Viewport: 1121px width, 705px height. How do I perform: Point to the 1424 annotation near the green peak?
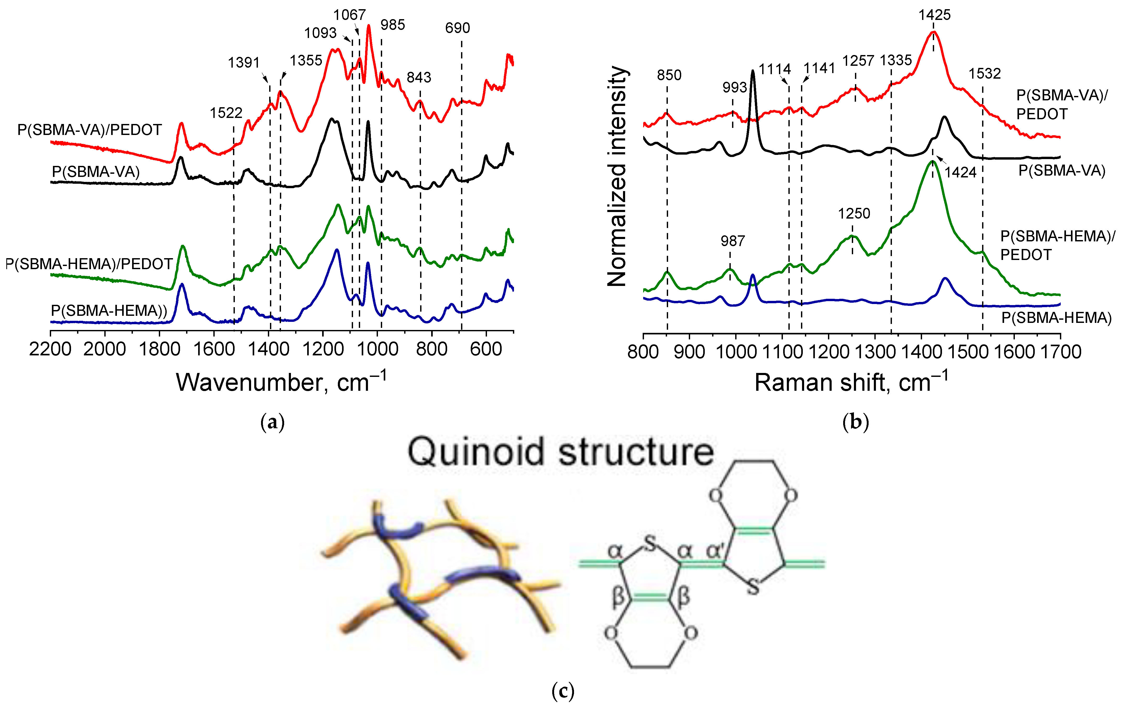pos(960,172)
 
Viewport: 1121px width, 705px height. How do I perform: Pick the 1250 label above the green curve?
pos(854,214)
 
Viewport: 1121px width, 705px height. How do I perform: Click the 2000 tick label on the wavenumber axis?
pos(105,349)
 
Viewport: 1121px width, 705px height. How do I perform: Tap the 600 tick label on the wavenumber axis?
pos(486,349)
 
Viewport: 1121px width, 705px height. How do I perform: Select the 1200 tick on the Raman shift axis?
pos(829,351)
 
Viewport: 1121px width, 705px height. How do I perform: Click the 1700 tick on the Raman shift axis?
pos(1060,351)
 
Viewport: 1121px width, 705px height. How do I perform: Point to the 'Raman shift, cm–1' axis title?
pos(851,383)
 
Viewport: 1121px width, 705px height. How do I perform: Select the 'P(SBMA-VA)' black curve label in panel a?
pos(95,172)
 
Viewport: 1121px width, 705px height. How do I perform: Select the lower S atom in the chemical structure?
pos(753,586)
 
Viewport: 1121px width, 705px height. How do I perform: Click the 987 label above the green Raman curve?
pos(732,241)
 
